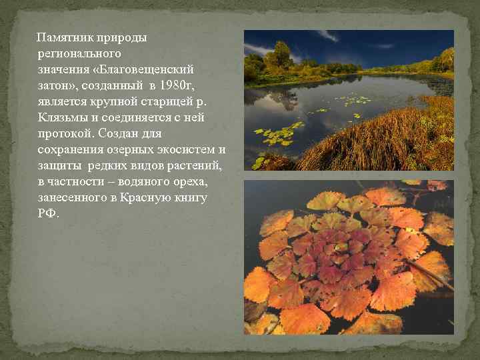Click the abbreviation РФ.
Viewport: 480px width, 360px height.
[x=49, y=214]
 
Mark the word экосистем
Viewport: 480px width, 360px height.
[x=189, y=150]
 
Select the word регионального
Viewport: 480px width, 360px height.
[x=79, y=54]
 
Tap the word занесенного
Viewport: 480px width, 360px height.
[x=71, y=198]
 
